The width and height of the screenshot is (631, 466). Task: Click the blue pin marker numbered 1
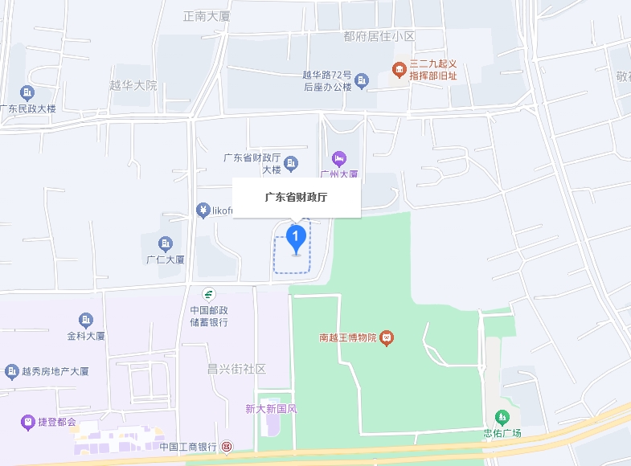(x=297, y=237)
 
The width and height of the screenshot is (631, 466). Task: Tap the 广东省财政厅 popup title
(x=297, y=197)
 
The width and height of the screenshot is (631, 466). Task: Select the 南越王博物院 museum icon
(x=387, y=337)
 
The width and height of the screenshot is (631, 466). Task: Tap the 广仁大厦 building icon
(x=166, y=243)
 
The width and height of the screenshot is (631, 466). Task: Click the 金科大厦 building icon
(x=86, y=321)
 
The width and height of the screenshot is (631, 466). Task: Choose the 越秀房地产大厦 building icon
(x=12, y=371)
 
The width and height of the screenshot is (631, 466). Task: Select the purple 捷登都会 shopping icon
(x=28, y=421)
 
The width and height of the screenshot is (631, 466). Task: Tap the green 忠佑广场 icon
(x=502, y=417)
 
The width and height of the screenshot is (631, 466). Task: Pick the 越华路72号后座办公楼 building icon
(x=362, y=80)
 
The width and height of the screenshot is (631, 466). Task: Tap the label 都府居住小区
(x=379, y=36)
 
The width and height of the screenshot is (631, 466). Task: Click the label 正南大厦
(x=207, y=15)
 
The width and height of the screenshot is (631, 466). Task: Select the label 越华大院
(x=133, y=85)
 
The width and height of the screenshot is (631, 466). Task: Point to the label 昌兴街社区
(x=236, y=369)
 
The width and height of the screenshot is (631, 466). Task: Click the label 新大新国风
(x=272, y=408)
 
